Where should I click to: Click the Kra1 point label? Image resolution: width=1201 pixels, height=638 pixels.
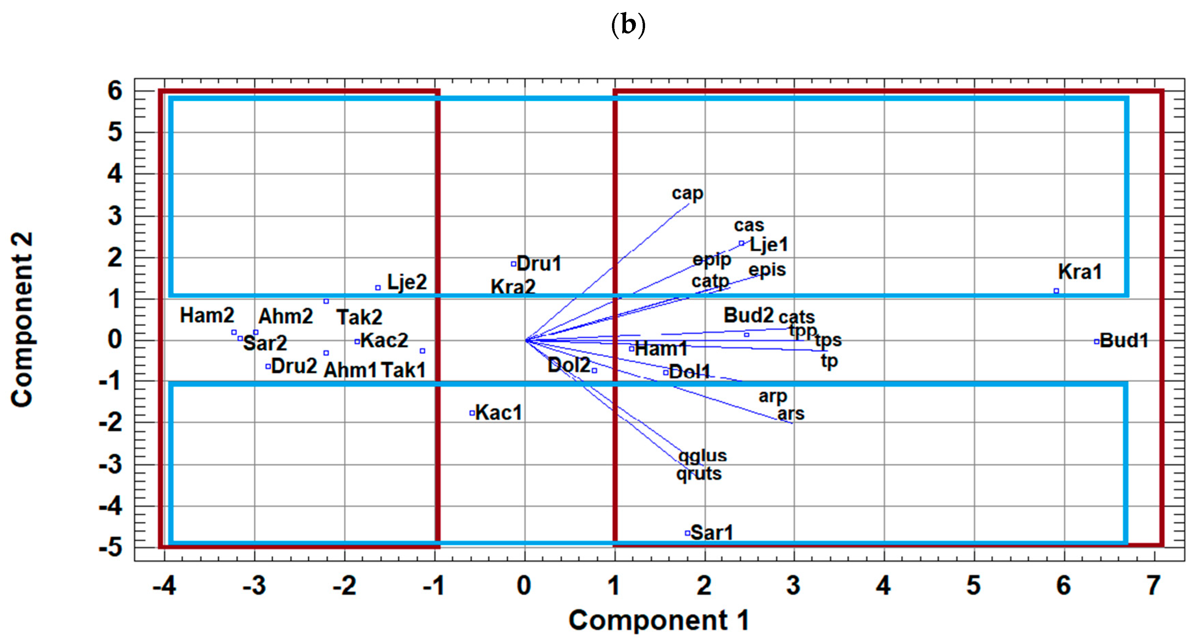[1080, 272]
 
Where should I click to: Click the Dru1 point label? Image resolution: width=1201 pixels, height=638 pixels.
[539, 264]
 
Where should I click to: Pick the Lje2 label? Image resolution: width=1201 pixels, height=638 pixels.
[407, 282]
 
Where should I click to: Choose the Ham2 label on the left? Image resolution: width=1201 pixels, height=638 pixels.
[207, 316]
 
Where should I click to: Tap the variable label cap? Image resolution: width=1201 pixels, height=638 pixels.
[687, 193]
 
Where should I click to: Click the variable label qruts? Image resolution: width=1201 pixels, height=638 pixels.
[699, 474]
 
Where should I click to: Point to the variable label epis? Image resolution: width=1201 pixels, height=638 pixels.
[767, 270]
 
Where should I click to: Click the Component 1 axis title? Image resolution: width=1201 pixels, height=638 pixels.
[658, 620]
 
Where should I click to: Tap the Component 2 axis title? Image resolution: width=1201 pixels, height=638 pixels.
[22, 320]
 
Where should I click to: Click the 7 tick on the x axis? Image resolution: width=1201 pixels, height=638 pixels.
[1154, 585]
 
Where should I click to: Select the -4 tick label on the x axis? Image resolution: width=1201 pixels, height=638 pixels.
[164, 585]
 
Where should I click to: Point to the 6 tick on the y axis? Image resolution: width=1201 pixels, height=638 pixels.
[115, 91]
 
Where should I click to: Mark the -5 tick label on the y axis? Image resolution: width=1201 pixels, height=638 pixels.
[111, 547]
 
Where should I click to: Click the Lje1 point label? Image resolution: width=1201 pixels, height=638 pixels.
[768, 245]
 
